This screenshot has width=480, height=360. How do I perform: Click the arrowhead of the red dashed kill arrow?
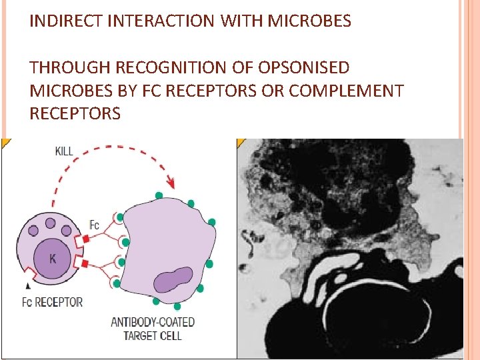click(171, 182)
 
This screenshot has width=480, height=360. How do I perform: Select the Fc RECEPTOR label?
click(52, 302)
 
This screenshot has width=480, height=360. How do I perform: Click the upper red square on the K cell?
click(85, 238)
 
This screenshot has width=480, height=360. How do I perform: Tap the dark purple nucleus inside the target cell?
click(173, 279)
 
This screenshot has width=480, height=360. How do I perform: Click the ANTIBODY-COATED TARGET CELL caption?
click(153, 329)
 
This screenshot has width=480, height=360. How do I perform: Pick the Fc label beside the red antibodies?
click(95, 224)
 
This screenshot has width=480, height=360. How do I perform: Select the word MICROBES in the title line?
click(309, 21)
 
